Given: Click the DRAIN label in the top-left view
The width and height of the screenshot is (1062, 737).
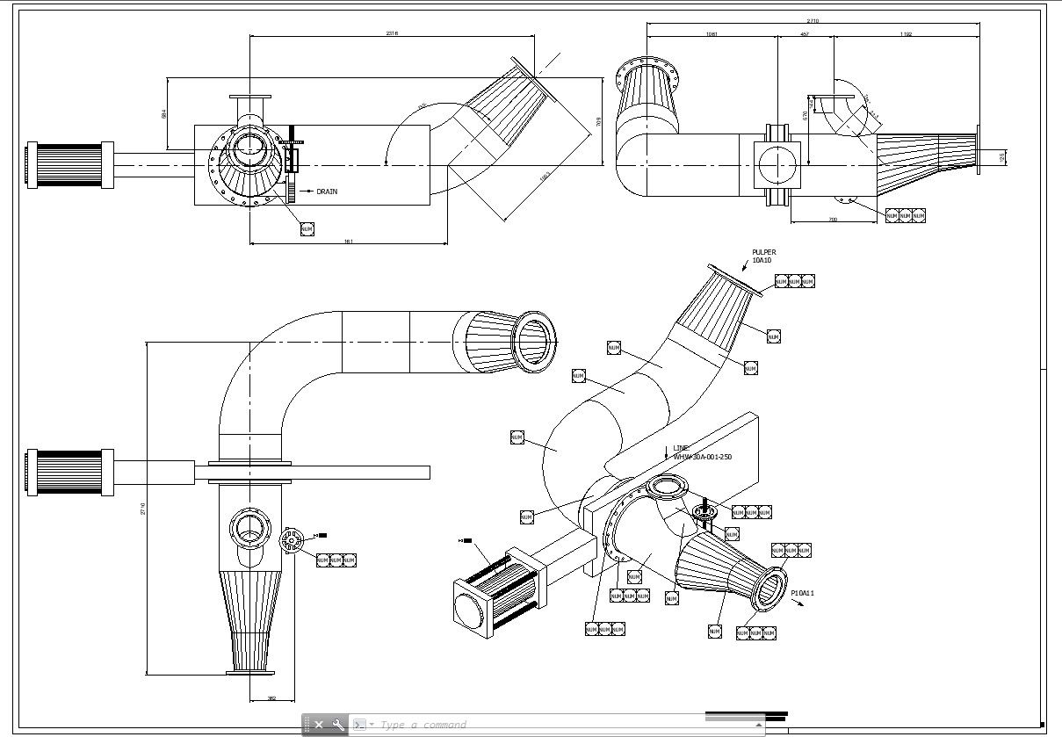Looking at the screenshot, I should coord(326,191).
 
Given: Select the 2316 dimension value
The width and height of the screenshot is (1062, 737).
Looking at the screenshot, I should coord(392,33).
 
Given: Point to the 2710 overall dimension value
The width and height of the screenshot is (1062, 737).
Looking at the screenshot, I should coord(813,20).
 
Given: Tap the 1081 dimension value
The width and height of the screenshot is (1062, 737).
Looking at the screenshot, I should coord(712,34).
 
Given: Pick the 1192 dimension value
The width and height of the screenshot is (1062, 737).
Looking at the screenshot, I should coord(906,34).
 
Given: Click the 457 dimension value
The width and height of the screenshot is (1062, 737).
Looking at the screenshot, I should coord(805,34).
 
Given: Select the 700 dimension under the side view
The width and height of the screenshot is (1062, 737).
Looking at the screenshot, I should coord(833,219).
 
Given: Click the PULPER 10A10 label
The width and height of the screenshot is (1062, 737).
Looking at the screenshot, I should coord(762,257).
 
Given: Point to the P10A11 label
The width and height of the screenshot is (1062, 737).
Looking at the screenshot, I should coord(803,594).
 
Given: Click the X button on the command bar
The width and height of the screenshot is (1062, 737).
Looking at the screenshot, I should coord(319,725).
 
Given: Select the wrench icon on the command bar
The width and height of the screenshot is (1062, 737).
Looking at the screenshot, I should coord(338,725).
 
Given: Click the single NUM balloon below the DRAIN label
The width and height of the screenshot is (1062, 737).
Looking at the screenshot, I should coord(307,229).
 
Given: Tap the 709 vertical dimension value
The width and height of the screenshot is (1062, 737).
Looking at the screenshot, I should coord(598,120).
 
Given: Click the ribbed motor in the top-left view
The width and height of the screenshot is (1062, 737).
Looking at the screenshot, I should coord(70,165).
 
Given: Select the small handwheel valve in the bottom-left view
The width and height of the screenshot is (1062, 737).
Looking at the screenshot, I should coord(292,539).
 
